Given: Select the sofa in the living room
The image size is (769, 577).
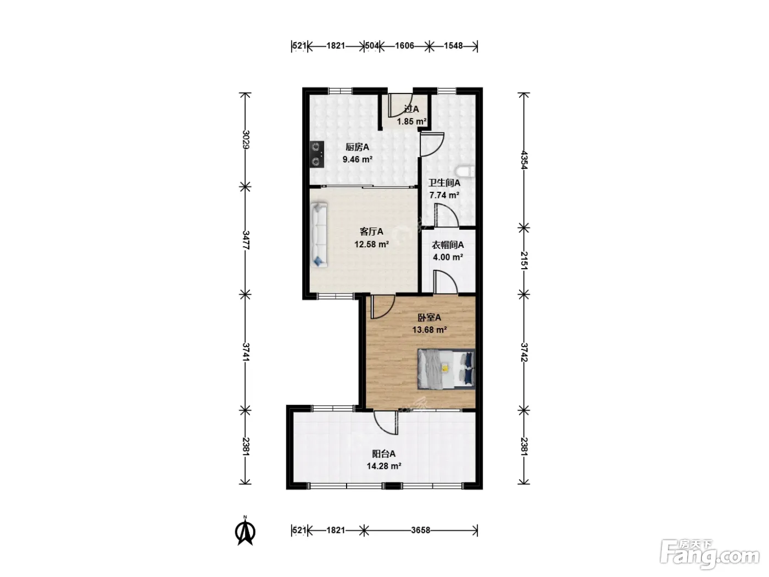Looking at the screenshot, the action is point(319,235).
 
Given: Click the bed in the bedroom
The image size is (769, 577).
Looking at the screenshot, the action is point(447,369).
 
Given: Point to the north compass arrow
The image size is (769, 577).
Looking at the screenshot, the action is point(245,531).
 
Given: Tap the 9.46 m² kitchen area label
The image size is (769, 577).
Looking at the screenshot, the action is point(358,159).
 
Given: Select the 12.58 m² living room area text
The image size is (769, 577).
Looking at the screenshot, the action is point(371,244).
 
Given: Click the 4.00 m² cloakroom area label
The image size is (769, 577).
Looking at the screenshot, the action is point(448,257).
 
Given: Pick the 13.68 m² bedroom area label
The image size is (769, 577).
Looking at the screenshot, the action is point(430,330).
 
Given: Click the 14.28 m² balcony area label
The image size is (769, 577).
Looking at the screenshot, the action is point(384,466).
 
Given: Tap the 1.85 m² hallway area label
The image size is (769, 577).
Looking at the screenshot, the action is point(411,121).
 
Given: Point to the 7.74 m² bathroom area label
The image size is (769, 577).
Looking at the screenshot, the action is point(444,195).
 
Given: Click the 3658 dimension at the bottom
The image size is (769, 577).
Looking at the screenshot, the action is point(420,530).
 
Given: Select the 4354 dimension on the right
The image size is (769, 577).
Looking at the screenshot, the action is point(524,160).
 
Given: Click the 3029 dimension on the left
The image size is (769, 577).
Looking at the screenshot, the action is point(246,140).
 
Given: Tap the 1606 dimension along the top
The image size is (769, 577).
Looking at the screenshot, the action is point(404,46).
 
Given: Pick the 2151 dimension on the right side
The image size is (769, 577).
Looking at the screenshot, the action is point(524,260).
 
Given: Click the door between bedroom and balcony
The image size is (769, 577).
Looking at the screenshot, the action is point(386,423).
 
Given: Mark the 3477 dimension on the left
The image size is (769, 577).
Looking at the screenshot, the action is point(246,240).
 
